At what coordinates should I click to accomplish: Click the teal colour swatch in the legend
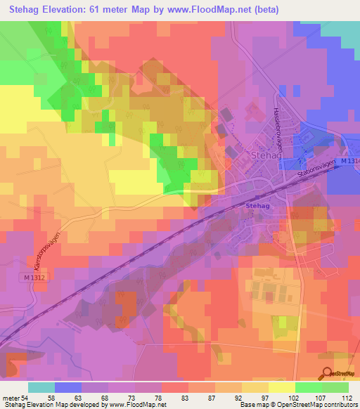point(41,387)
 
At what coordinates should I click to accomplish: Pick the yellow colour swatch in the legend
point(281,387)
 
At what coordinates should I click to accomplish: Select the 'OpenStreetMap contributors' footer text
point(321,405)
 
